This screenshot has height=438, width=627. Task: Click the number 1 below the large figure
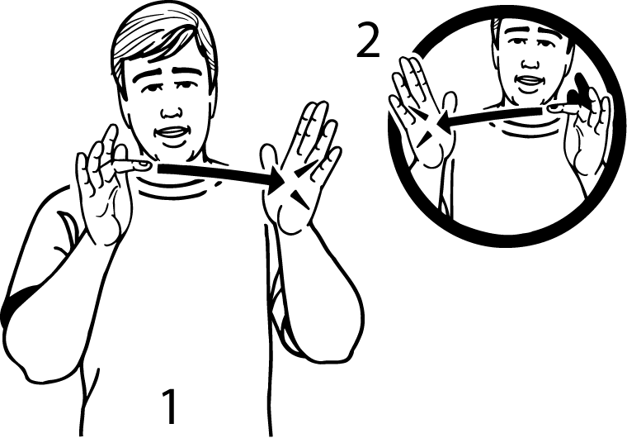[x=170, y=406]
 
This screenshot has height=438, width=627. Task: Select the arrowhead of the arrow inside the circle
[x=443, y=123]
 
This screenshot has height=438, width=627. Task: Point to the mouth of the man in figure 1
[x=172, y=135]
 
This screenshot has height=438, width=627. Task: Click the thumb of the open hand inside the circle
[x=449, y=105]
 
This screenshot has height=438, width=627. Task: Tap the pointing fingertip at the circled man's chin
[x=554, y=107]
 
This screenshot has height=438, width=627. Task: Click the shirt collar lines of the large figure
[x=176, y=188]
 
